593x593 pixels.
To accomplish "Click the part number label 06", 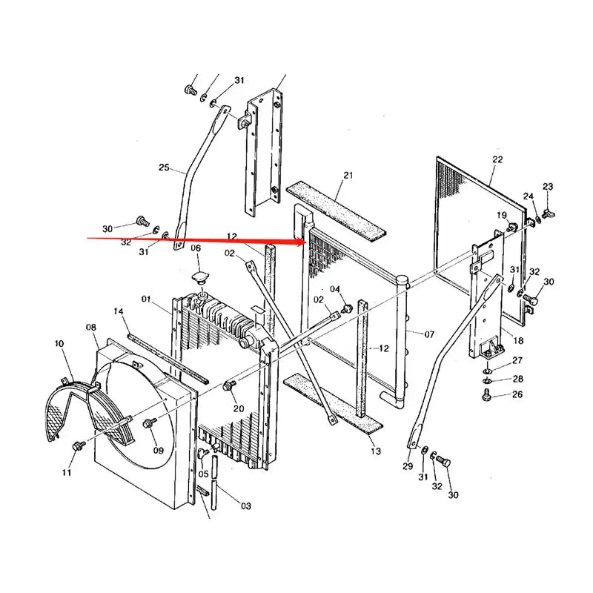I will pyautogui.click(x=196, y=248).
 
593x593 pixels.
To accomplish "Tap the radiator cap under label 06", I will pyautogui.click(x=199, y=277).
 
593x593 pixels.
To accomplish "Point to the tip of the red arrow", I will pyautogui.click(x=305, y=240).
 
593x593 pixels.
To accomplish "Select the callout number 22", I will pyautogui.click(x=497, y=159).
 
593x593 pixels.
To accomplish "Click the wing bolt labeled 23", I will pyautogui.click(x=547, y=213).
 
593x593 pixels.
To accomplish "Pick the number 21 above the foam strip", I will pyautogui.click(x=348, y=176).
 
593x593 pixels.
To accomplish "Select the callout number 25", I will pyautogui.click(x=165, y=168).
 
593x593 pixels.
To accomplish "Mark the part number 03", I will pyautogui.click(x=245, y=506).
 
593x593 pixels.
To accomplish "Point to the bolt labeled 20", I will pyautogui.click(x=229, y=385).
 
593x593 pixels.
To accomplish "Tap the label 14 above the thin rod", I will pyautogui.click(x=118, y=312).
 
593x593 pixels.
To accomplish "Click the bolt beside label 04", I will pyautogui.click(x=345, y=306).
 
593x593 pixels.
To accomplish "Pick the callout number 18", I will pyautogui.click(x=518, y=340).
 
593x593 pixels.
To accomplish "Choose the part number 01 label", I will pyautogui.click(x=146, y=299).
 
